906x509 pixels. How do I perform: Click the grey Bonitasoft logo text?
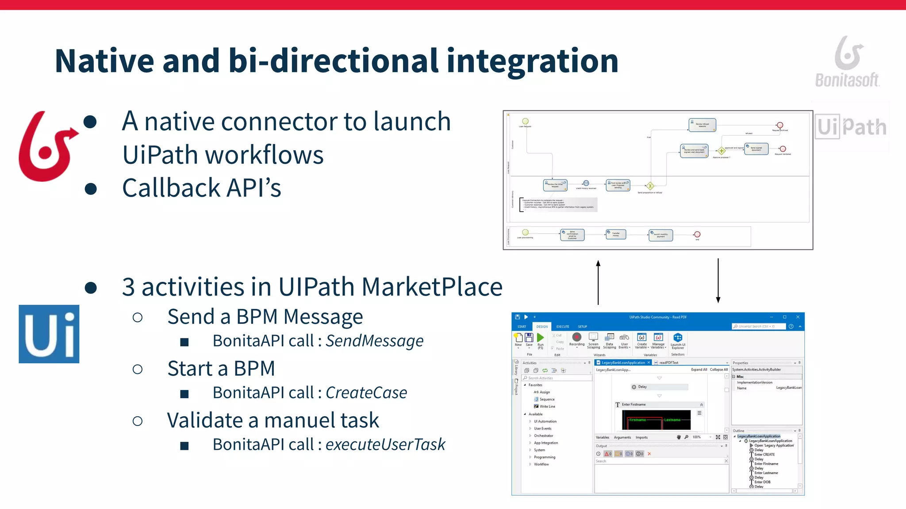847,80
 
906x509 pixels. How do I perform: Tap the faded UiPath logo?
851,127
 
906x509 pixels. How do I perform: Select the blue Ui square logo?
49,334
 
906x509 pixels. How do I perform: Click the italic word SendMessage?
374,341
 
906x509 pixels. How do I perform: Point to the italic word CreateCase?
366,392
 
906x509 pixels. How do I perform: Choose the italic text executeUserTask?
385,444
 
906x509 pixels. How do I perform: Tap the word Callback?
171,188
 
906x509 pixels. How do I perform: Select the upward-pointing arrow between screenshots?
598,283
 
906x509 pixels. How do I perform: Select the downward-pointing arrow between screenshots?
718,281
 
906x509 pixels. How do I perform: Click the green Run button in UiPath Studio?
540,338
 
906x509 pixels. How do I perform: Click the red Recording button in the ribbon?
576,338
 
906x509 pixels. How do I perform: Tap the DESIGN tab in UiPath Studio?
542,327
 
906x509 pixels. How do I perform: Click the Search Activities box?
557,378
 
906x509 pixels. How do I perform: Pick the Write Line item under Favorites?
547,406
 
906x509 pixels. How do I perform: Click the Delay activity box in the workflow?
659,387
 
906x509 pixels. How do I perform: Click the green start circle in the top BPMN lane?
525,121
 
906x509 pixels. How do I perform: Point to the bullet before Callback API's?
91,189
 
